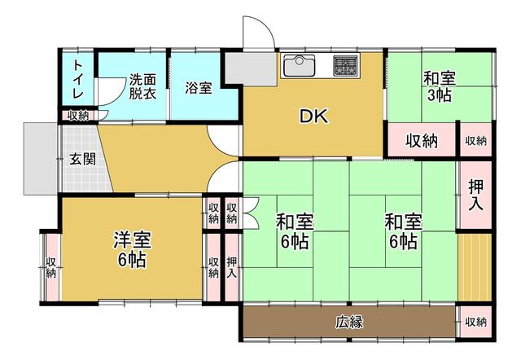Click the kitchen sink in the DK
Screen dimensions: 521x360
(x=299, y=65)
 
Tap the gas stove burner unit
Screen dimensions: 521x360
(x=345, y=66)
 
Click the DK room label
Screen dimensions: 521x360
(x=313, y=116)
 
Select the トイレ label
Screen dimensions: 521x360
(x=78, y=79)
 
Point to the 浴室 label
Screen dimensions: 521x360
(x=199, y=88)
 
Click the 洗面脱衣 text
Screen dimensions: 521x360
(x=142, y=86)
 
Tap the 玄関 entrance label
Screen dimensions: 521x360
(x=82, y=159)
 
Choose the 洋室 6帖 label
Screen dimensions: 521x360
(x=132, y=249)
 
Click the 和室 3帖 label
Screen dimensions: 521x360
(x=440, y=86)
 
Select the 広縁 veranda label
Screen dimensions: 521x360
(x=349, y=322)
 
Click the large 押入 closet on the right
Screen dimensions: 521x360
(x=475, y=195)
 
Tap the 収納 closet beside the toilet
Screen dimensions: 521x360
(x=78, y=116)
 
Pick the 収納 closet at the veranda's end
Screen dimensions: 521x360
(x=475, y=322)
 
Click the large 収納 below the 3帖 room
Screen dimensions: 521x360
(x=422, y=141)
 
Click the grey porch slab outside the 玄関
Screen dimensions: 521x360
(x=40, y=159)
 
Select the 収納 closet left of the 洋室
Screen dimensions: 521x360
(x=50, y=267)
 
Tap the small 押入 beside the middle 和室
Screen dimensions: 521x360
(x=231, y=267)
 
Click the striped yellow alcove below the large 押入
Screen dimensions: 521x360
(x=475, y=267)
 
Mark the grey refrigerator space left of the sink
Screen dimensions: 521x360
(x=252, y=68)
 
